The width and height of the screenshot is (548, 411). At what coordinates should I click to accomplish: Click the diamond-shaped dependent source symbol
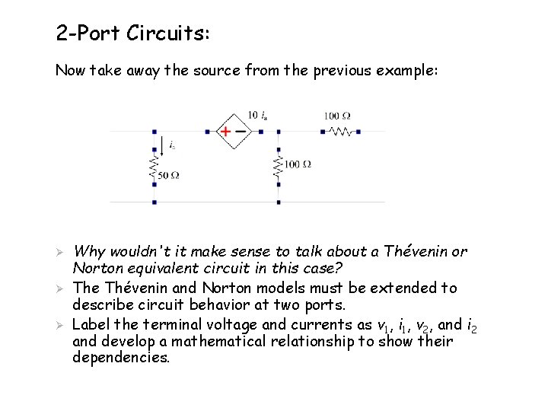click(234, 131)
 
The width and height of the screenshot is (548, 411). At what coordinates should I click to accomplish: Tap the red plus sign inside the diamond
click(225, 131)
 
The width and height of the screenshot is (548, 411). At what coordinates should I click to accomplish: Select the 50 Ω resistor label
click(168, 176)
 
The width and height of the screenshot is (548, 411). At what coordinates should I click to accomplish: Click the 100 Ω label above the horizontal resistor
click(337, 116)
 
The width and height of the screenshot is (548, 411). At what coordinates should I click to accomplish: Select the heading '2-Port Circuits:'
click(133, 33)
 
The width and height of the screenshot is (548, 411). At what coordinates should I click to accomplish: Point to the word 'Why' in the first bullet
click(91, 251)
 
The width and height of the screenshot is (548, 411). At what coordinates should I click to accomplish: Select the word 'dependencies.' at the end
click(121, 358)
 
